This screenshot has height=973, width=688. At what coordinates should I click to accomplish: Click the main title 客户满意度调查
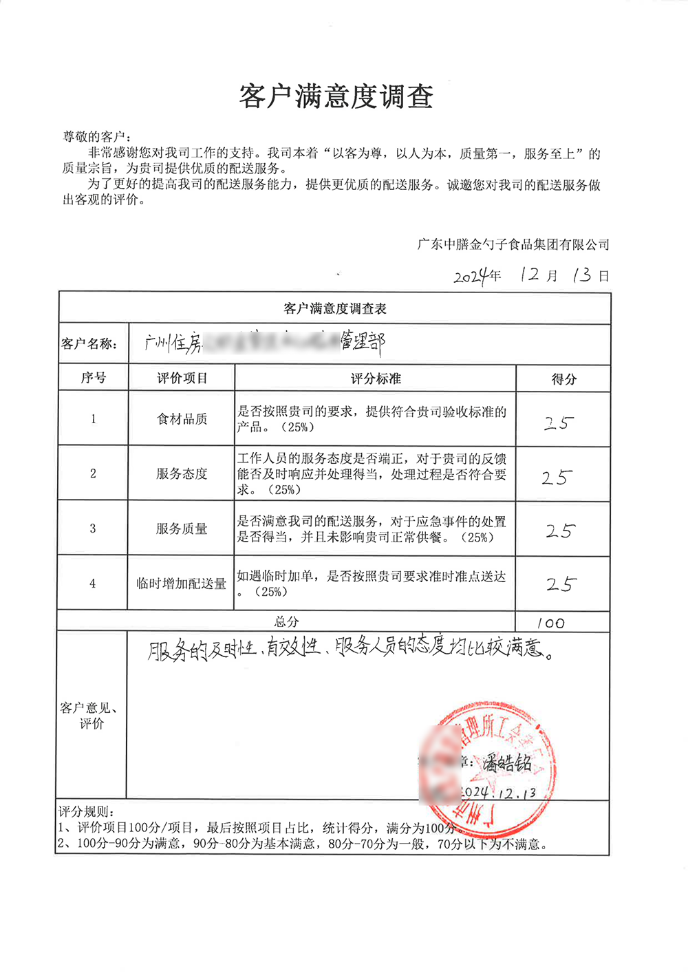coord(336,97)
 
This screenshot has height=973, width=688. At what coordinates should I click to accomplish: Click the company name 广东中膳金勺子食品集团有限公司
coord(513,244)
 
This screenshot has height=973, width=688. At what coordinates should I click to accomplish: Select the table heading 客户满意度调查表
coord(335,309)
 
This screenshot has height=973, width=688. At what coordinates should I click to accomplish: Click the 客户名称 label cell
coord(89,344)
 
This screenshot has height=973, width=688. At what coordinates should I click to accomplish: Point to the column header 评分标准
coord(376,378)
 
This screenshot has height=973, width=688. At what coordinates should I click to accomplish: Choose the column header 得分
coord(563,378)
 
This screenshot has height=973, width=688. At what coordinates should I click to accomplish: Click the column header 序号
coord(93,378)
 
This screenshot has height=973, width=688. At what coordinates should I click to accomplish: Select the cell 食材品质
coord(182,419)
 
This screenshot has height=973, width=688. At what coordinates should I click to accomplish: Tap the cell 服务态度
coord(182,473)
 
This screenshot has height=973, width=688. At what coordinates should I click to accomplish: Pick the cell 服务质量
coord(182,528)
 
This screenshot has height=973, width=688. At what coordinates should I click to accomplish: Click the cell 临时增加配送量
coord(182,584)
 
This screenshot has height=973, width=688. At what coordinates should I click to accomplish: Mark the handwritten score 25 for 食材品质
coord(559,423)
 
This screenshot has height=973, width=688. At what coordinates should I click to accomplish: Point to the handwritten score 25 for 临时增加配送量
coord(561,584)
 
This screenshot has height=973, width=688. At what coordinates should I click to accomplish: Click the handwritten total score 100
coord(550,623)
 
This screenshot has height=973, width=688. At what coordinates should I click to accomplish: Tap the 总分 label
coord(287,622)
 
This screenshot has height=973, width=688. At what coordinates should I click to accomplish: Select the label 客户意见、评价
coord(89,716)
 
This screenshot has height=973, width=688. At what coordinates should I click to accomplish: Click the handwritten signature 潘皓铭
coord(506,762)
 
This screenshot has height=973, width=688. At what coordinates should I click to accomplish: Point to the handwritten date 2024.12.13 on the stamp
coord(498,792)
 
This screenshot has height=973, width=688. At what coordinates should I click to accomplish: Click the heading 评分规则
coord(86,812)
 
